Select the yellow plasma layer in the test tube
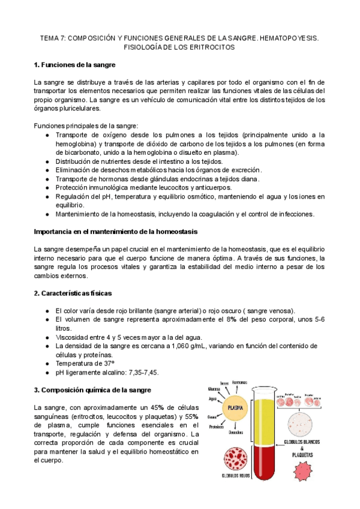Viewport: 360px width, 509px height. (x=262, y=420)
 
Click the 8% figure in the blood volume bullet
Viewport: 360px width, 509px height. (x=206, y=319)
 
